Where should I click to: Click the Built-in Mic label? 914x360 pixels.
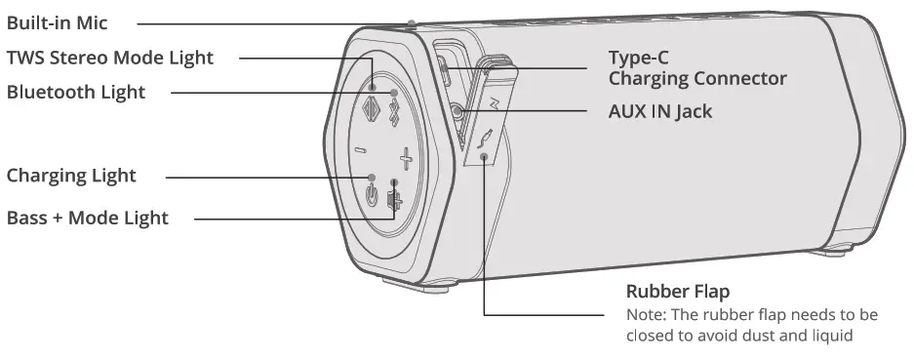pos(57,22)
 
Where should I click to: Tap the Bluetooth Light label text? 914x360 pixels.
pos(76,93)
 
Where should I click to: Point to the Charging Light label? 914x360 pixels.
pos(71,177)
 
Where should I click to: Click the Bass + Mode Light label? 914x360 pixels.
pos(88,218)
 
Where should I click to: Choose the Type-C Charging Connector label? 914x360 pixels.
pos(697,68)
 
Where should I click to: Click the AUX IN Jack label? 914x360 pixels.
pos(660,111)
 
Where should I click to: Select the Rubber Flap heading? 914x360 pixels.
pos(677,293)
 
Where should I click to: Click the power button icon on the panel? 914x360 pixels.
pos(372,193)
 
